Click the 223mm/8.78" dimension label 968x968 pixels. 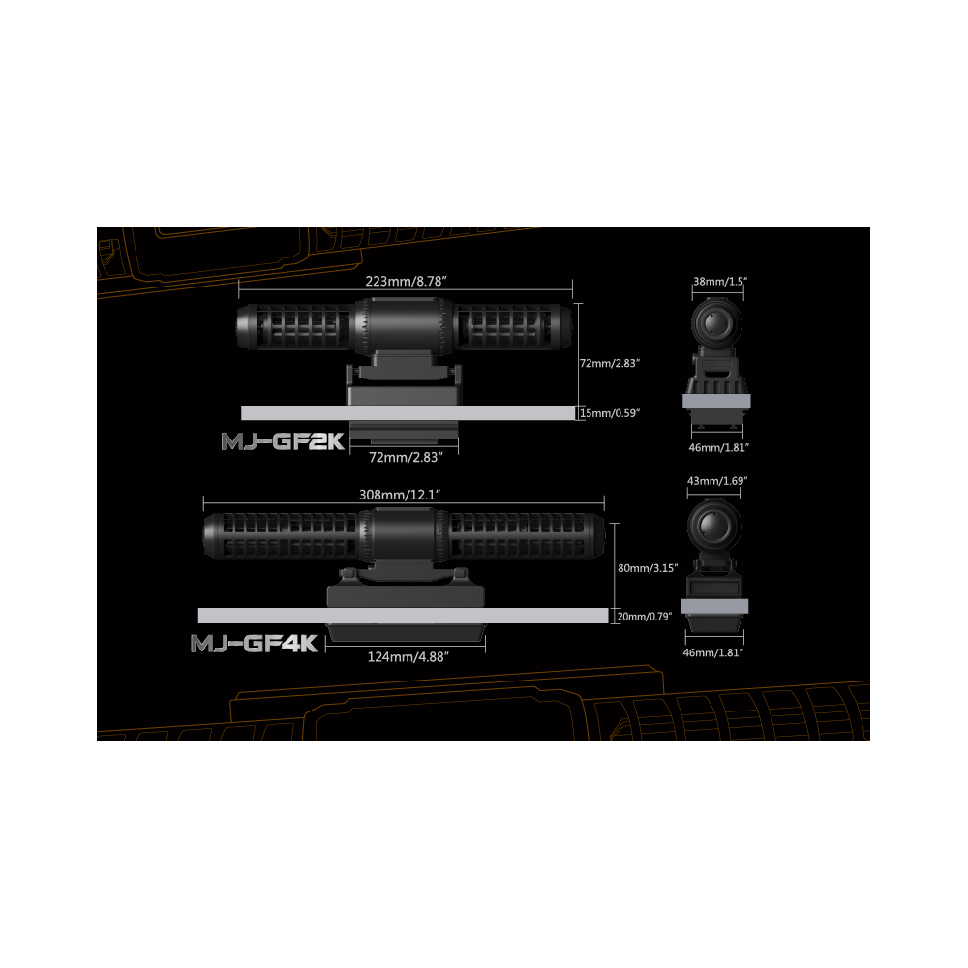(405, 281)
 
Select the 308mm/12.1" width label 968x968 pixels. (400, 494)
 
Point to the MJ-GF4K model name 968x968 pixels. (255, 644)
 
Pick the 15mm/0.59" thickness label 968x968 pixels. (611, 413)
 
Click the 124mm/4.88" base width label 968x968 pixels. (407, 655)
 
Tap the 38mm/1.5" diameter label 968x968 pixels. (720, 280)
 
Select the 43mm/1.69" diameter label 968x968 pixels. (716, 480)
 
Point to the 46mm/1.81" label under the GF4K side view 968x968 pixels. (714, 653)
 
